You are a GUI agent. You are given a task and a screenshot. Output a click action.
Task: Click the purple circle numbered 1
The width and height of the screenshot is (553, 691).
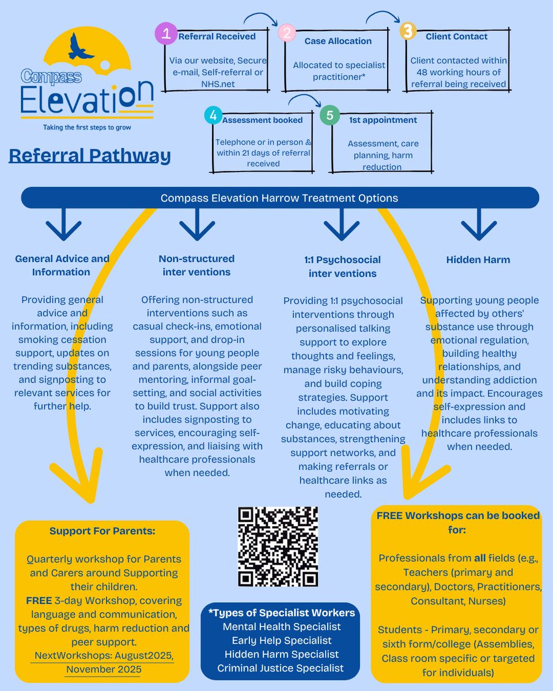point(166,34)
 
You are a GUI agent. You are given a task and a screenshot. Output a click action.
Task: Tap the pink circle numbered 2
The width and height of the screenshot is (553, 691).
point(286,33)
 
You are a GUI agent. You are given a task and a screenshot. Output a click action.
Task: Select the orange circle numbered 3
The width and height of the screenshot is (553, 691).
point(408,31)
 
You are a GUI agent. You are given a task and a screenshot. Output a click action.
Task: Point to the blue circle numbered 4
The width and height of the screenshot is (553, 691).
point(213,115)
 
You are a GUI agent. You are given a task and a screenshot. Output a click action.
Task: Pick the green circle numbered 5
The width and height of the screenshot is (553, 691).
point(329,115)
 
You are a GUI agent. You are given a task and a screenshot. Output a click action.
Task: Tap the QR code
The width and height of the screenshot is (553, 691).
point(278,546)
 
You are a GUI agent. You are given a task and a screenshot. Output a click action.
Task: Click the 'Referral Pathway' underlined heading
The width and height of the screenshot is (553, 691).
point(90,155)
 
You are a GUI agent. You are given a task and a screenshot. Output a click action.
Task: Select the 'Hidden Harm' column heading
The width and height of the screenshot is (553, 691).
point(478,260)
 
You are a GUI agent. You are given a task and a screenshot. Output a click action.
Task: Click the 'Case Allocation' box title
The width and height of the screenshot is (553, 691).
point(338,41)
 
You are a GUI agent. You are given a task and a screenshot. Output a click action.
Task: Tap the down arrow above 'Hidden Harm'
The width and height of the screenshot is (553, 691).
point(479,225)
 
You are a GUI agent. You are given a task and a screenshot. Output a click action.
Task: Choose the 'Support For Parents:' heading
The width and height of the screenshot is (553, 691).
point(103,531)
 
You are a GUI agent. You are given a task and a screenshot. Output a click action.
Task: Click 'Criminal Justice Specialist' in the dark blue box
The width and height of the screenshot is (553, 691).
point(281,668)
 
